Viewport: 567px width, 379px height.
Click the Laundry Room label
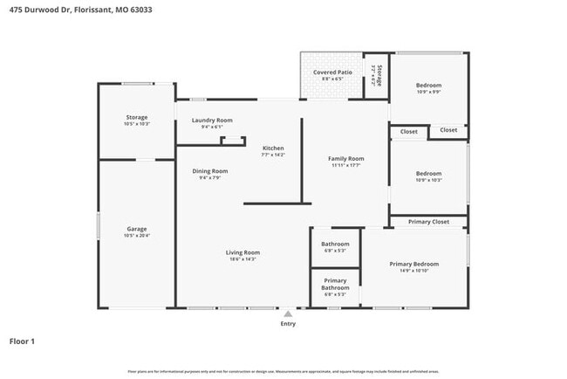click(x=212, y=120)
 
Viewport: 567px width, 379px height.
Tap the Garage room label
click(x=136, y=229)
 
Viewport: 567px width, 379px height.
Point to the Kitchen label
click(x=273, y=148)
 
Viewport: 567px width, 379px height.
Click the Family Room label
click(x=345, y=158)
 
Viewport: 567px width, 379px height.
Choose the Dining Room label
click(x=210, y=171)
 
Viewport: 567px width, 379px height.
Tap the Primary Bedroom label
click(x=413, y=264)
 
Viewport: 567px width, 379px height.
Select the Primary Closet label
click(x=429, y=222)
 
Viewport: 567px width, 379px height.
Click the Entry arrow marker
click(x=288, y=313)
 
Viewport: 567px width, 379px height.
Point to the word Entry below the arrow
click(x=288, y=324)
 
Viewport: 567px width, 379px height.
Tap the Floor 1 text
click(x=22, y=341)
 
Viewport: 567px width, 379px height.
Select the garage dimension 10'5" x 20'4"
click(x=136, y=236)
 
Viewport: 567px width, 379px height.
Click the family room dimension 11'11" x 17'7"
click(x=345, y=165)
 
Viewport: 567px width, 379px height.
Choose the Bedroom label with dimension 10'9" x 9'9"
click(x=428, y=85)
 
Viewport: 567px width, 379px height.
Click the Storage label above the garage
click(x=136, y=117)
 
